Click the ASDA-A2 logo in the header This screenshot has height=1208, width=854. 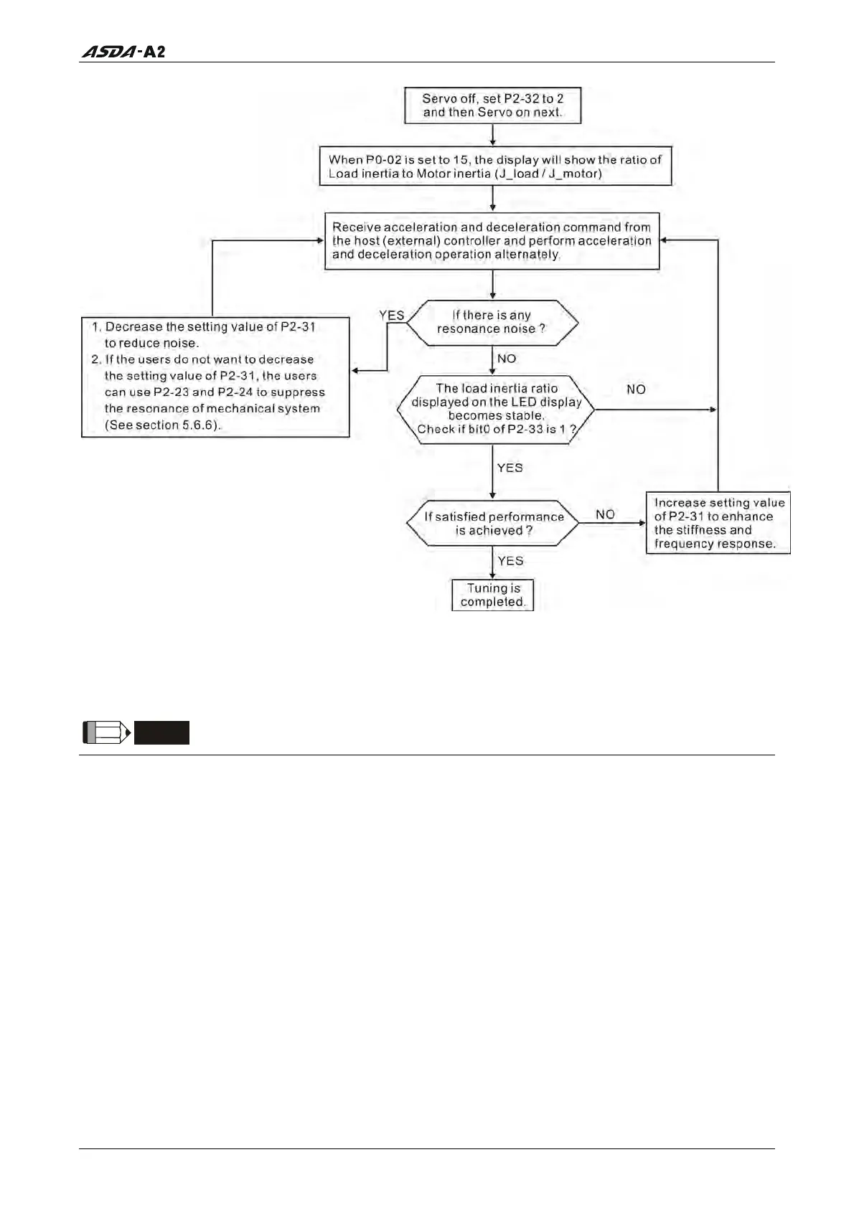pyautogui.click(x=123, y=52)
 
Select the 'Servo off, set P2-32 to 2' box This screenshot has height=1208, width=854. pyautogui.click(x=492, y=105)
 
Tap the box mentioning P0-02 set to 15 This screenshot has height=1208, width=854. pyautogui.click(x=495, y=166)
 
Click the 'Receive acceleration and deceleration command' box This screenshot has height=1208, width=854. pyautogui.click(x=492, y=241)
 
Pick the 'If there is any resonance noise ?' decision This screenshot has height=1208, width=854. pyautogui.click(x=492, y=323)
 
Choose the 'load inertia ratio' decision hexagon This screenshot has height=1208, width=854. pyautogui.click(x=496, y=409)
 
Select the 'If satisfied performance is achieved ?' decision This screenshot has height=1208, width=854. pyautogui.click(x=493, y=524)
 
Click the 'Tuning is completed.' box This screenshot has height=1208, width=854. pyautogui.click(x=492, y=595)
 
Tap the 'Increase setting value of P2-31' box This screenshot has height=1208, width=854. pyautogui.click(x=718, y=523)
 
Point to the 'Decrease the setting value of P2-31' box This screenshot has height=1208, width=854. pyautogui.click(x=215, y=377)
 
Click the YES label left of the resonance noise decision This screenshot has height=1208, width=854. pyautogui.click(x=392, y=315)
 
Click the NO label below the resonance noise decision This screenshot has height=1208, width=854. pyautogui.click(x=507, y=359)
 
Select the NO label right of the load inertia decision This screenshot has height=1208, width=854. pyautogui.click(x=636, y=390)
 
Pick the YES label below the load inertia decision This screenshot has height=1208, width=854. pyautogui.click(x=510, y=468)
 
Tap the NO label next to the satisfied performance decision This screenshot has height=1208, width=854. pyautogui.click(x=605, y=514)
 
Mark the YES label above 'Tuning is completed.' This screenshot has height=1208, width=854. pyautogui.click(x=510, y=561)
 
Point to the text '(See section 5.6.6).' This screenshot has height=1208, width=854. pyautogui.click(x=164, y=425)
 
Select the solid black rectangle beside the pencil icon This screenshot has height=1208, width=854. pyautogui.click(x=161, y=732)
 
